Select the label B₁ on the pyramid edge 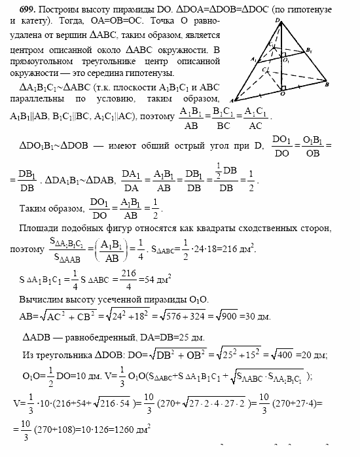click(310, 50)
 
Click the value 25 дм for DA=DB click(190, 338)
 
